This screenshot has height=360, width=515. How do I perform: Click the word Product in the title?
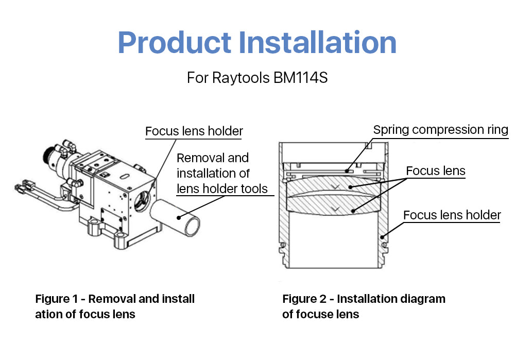[x=175, y=43]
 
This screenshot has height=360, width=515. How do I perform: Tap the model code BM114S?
[x=300, y=78]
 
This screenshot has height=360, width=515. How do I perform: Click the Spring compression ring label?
[x=440, y=130]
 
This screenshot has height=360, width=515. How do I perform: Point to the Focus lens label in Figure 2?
[x=436, y=171]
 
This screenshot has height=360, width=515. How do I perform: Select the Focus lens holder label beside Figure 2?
[x=452, y=215]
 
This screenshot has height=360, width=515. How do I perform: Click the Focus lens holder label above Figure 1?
[x=194, y=131]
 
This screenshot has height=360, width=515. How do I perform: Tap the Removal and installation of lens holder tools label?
[x=222, y=173]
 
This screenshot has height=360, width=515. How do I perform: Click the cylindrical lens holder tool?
[x=175, y=217]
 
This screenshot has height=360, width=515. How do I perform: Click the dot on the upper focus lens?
[x=350, y=187]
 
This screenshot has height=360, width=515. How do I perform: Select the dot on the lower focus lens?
[x=353, y=211]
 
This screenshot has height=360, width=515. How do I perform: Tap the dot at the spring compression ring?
[x=347, y=171]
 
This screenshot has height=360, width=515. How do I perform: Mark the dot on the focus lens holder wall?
[x=382, y=237]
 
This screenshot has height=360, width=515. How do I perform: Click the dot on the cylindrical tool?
[x=179, y=217]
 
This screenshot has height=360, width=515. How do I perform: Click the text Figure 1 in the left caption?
[x=56, y=299]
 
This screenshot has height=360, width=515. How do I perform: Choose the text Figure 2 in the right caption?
[x=304, y=299]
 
